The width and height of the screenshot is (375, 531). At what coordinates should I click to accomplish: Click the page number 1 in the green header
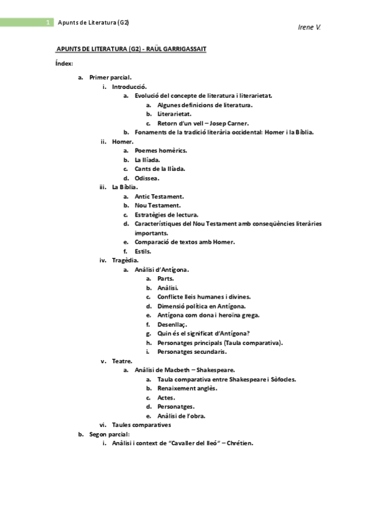[48, 23]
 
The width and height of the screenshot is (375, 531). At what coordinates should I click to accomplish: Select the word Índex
[64, 63]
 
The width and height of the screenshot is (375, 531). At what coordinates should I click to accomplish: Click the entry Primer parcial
[110, 78]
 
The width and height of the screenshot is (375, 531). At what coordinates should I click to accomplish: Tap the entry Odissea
[146, 178]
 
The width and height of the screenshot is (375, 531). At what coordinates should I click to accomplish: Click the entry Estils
[143, 251]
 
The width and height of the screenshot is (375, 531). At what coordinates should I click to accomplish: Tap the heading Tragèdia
[125, 260]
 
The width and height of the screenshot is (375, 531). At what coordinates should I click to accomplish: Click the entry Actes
[166, 398]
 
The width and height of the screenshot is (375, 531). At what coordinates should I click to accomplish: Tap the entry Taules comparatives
[141, 425]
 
